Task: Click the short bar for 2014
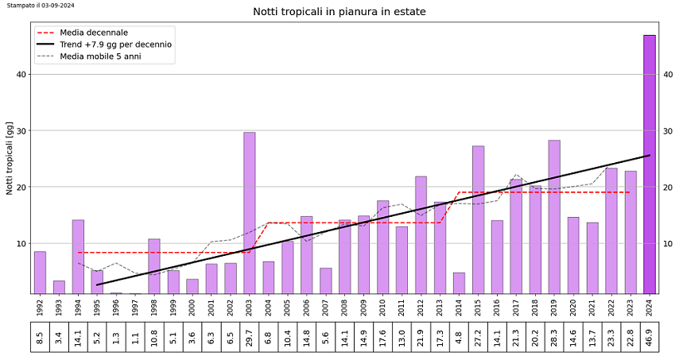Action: click(x=459, y=283)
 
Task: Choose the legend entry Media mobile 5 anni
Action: click(x=100, y=56)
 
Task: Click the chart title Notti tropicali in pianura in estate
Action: click(x=339, y=12)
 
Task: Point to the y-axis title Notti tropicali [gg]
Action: click(x=10, y=158)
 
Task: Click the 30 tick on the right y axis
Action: click(x=667, y=131)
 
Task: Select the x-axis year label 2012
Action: click(x=421, y=306)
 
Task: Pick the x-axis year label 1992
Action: click(x=40, y=306)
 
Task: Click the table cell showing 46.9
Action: click(x=650, y=338)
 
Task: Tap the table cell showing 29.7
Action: click(x=250, y=338)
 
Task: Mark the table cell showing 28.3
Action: click(x=554, y=338)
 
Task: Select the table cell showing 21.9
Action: click(x=421, y=338)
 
